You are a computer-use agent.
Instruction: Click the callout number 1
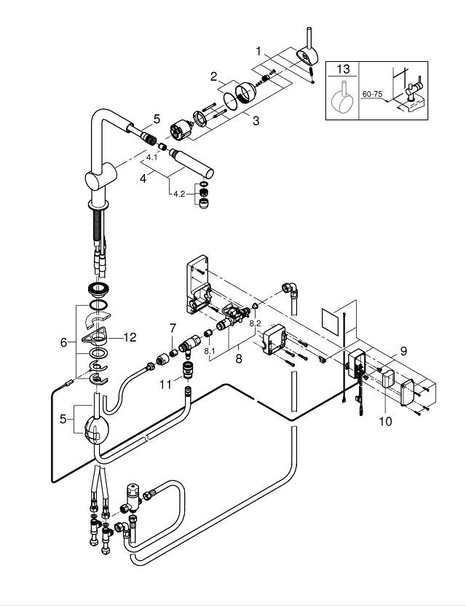point(258,52)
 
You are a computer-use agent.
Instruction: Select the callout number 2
point(214,76)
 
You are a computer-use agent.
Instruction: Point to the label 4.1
point(151,157)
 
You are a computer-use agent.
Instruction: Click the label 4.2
point(178,194)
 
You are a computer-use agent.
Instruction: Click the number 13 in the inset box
point(343,70)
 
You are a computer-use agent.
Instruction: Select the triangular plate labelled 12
point(99,337)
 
